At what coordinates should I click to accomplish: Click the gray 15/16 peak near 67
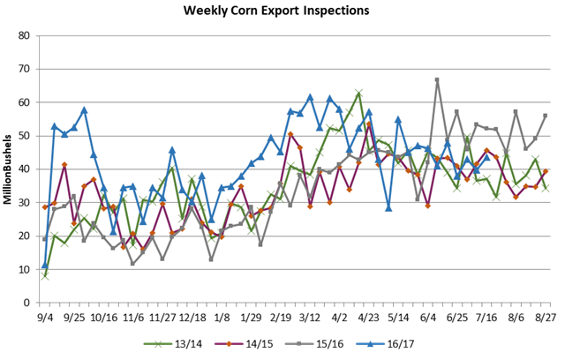point(437,80)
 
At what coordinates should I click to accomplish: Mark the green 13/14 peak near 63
point(358,93)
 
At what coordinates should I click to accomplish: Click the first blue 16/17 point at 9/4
point(45,265)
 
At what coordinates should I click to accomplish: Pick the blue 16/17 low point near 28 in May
point(388,208)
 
